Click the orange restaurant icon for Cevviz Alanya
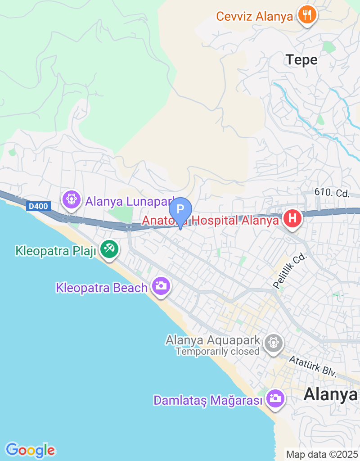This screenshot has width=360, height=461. (307, 15)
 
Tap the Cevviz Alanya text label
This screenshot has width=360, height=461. (255, 17)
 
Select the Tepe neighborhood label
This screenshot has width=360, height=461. (301, 59)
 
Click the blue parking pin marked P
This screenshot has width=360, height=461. (180, 210)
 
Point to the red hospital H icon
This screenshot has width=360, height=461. (292, 219)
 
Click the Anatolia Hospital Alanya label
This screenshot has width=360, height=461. (211, 221)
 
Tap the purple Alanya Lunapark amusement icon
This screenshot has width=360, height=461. (72, 199)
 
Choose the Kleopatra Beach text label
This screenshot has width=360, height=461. (102, 288)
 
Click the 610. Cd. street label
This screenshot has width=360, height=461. (332, 193)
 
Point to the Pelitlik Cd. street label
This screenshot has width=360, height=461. (289, 270)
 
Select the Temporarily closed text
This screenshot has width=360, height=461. (217, 352)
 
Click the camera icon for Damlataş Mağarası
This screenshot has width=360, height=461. (274, 398)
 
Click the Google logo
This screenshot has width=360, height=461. (30, 450)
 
